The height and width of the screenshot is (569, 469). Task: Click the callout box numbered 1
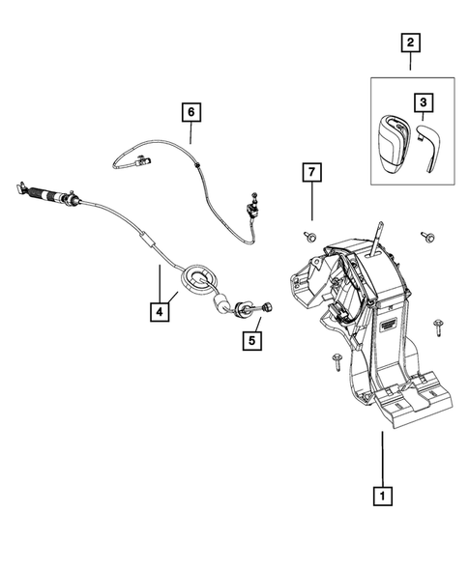tap(384, 496)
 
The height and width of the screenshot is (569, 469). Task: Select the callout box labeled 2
tap(410, 42)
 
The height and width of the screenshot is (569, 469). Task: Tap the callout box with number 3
tap(423, 100)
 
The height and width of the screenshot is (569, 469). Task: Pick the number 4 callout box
tap(158, 311)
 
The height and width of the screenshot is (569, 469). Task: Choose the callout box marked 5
tap(251, 340)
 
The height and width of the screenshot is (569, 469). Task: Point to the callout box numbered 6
tap(191, 112)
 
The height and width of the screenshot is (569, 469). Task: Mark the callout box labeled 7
tap(311, 175)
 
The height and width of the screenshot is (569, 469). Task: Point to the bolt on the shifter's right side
tap(440, 326)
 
